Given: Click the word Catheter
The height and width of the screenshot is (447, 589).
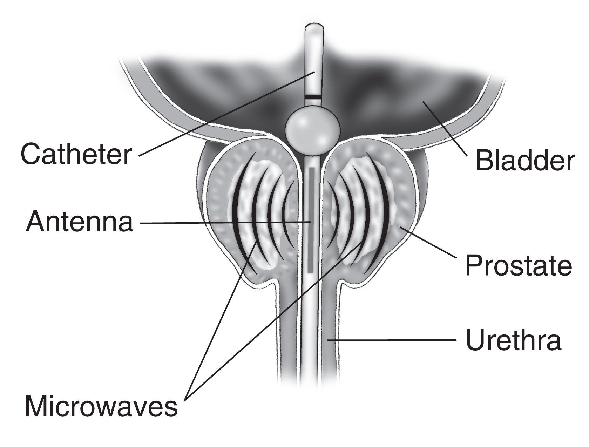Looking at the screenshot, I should [x=76, y=155].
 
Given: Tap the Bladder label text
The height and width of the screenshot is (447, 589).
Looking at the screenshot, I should [x=524, y=161].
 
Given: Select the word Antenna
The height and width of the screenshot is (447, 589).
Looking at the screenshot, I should [x=80, y=222].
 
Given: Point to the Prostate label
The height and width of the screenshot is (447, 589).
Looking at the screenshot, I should [x=518, y=265].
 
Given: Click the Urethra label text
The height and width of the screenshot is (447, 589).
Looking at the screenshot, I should [x=513, y=340].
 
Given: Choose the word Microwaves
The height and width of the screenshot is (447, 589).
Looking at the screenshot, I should [x=101, y=407].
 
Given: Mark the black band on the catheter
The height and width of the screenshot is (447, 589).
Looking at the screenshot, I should [x=313, y=96].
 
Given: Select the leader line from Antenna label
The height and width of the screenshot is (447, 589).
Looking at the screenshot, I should [x=224, y=222].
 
